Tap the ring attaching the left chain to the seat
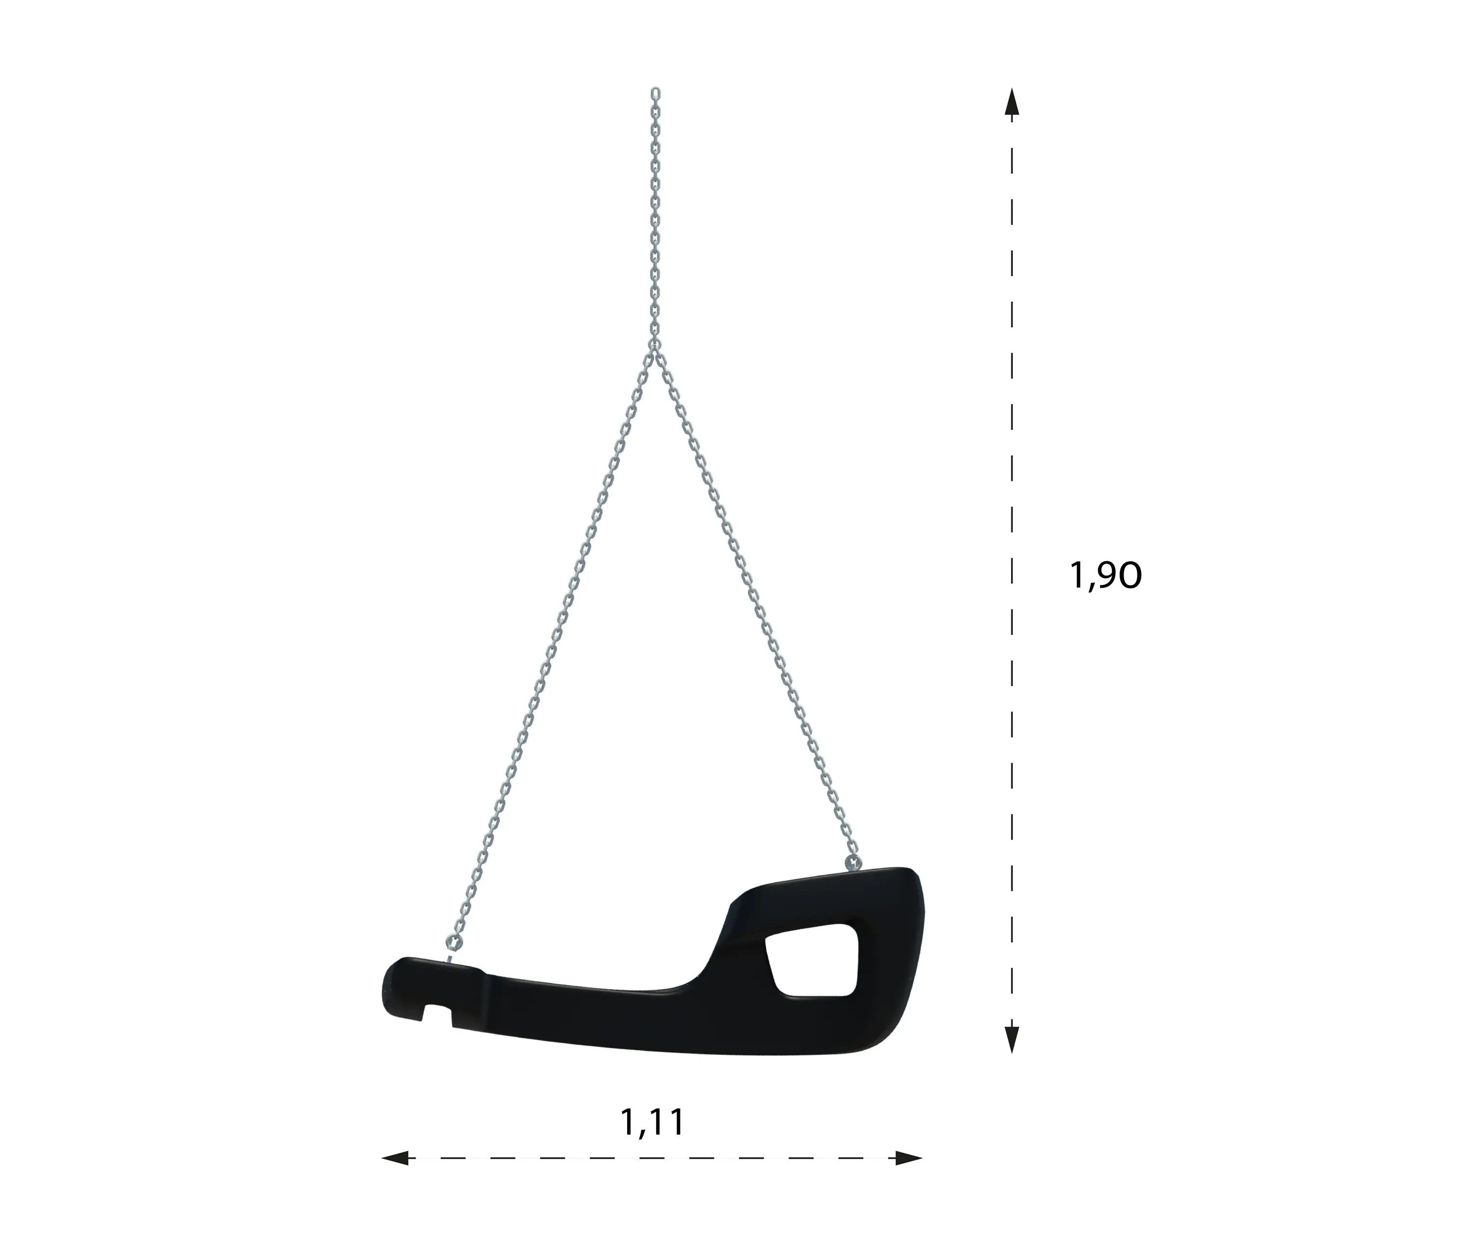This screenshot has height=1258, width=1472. (x=453, y=943)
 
